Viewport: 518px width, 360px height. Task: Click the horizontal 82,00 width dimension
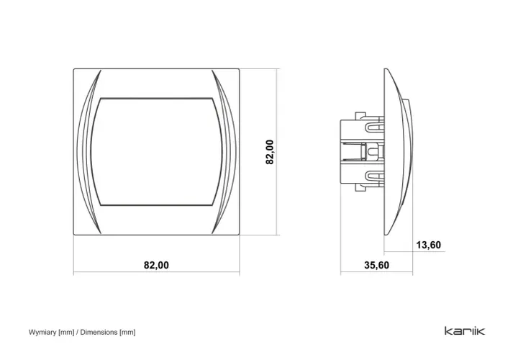tap(156, 265)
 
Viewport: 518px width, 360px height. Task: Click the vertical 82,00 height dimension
tap(270, 152)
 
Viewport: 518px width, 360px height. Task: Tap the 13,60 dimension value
tap(429, 245)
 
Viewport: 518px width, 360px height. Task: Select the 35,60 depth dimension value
tap(376, 265)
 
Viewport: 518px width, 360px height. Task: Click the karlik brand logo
tap(465, 330)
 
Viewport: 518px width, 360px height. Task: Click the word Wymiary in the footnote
tap(42, 332)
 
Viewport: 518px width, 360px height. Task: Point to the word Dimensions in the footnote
tap(99, 332)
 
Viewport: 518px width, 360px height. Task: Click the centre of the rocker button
tap(157, 152)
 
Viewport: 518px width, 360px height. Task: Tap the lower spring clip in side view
tap(374, 176)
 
